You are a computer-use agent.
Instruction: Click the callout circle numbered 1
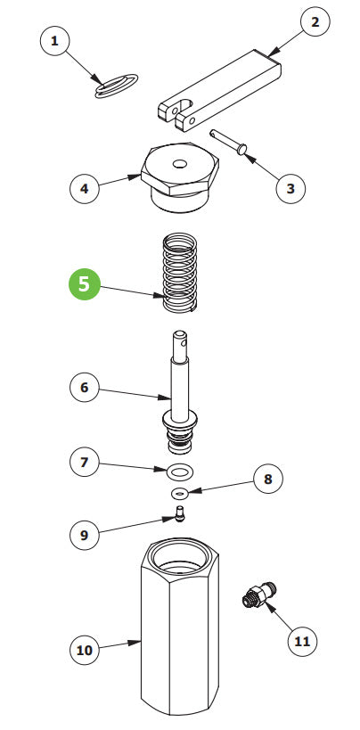55,41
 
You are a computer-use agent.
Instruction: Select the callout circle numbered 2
315,22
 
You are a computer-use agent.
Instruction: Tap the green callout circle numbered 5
85,284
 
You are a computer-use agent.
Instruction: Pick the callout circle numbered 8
268,479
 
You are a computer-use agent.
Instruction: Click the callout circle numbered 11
302,642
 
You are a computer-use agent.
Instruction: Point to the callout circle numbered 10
85,650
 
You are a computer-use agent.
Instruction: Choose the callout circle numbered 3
290,189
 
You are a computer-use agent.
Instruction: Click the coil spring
180,273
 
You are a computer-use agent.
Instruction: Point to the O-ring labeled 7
180,472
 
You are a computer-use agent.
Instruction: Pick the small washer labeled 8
179,492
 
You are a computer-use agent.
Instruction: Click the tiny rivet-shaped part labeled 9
179,514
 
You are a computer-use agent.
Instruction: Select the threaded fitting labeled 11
259,595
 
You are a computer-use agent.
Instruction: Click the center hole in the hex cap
179,164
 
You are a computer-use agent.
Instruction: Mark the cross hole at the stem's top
184,344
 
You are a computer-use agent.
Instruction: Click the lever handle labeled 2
219,90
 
